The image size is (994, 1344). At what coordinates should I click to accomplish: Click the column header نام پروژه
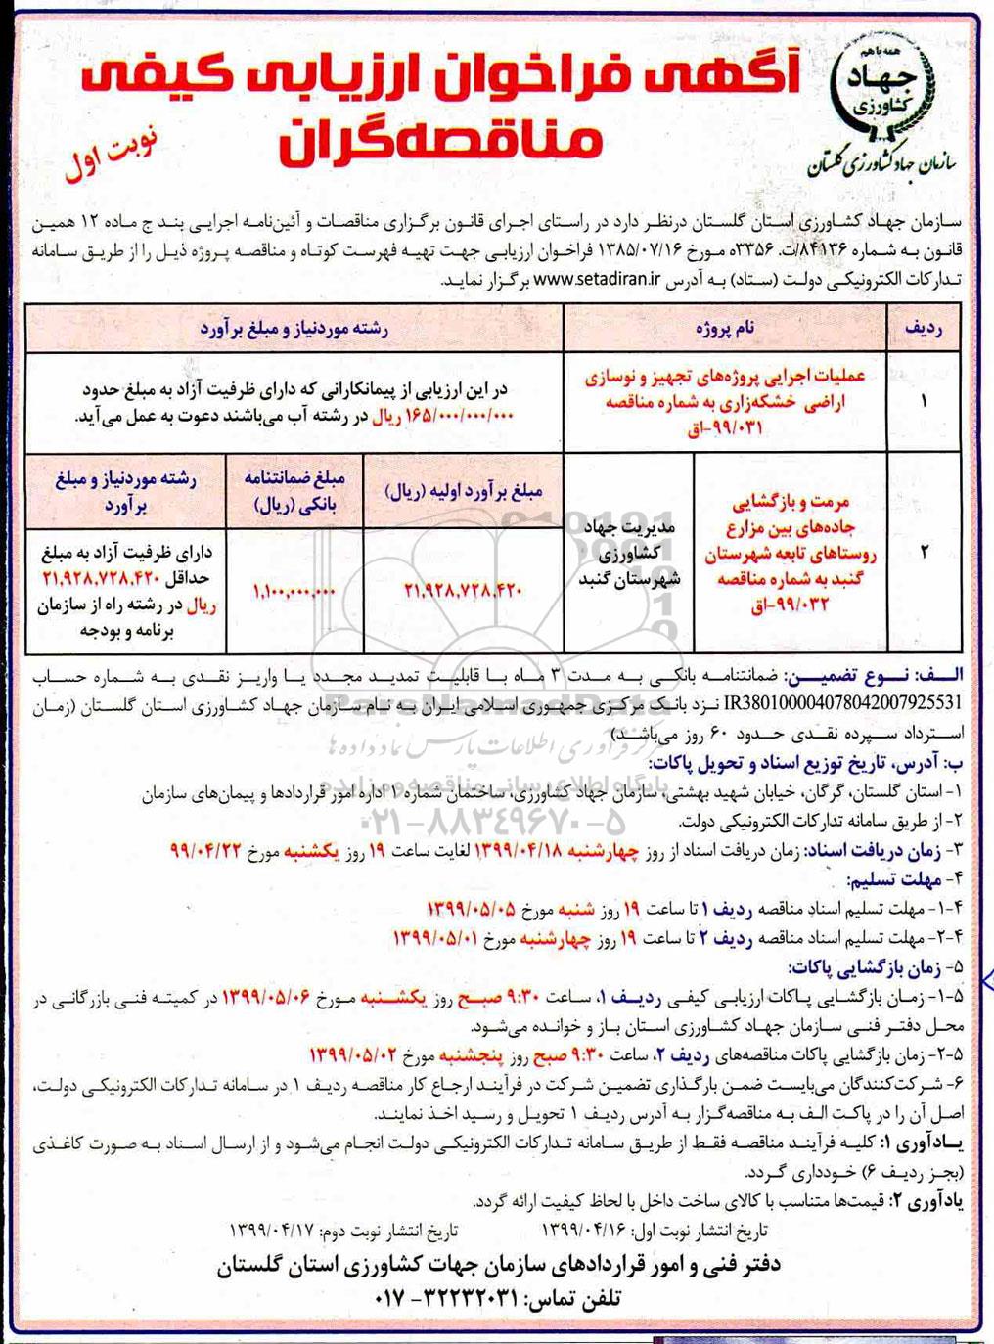click(725, 330)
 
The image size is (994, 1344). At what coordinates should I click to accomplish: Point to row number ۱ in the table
click(925, 400)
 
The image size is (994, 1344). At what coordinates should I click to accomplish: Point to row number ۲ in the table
click(925, 552)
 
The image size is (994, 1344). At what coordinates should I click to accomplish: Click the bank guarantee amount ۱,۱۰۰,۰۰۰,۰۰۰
click(294, 590)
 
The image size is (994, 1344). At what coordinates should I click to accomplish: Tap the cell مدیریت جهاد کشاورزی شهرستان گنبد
click(628, 554)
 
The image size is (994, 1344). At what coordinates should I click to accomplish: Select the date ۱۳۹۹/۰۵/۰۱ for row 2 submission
click(438, 939)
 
